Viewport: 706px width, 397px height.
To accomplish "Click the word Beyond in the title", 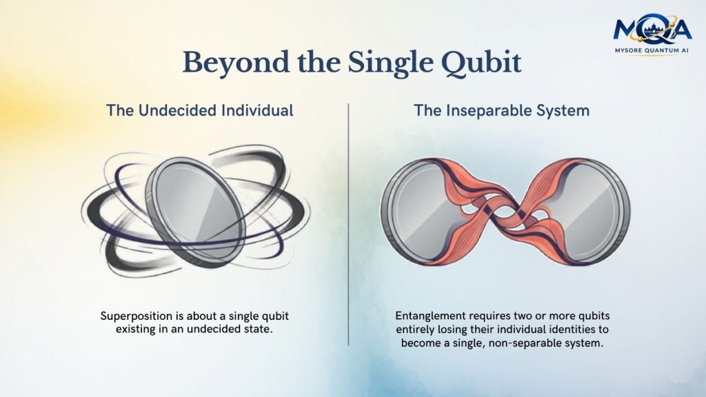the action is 236,63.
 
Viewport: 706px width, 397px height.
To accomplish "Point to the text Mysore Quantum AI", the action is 652,51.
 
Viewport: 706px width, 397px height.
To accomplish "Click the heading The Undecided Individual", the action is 199,111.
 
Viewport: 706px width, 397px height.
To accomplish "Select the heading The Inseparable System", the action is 502,111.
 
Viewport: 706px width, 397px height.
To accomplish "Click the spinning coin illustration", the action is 194,212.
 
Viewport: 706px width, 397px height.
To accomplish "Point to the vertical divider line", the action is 348,224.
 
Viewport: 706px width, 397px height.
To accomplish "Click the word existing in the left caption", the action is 135,329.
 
